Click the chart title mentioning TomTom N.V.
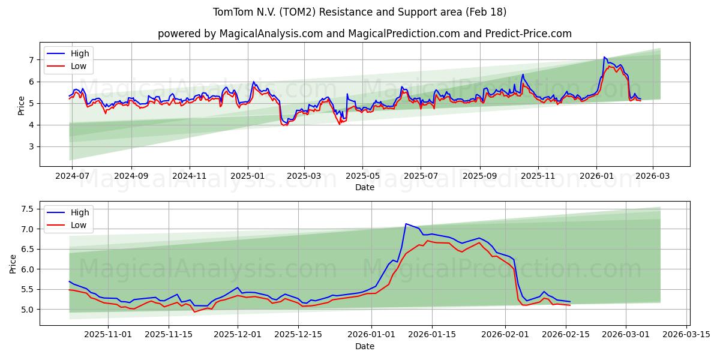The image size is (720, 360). pyautogui.click(x=359, y=12)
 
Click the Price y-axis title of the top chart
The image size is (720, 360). pyautogui.click(x=22, y=105)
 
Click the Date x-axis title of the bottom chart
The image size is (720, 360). pyautogui.click(x=364, y=346)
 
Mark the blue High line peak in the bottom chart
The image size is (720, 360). pyautogui.click(x=406, y=224)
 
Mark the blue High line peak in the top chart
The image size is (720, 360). pyautogui.click(x=604, y=57)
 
